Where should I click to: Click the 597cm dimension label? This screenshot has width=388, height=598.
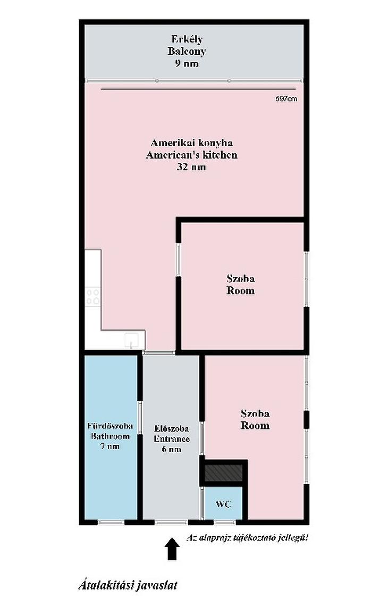(286, 99)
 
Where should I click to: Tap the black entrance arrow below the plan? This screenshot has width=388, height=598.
(172, 549)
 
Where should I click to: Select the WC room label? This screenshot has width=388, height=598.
(223, 504)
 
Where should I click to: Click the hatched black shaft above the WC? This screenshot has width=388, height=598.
(224, 473)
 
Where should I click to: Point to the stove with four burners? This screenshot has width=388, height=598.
(92, 297)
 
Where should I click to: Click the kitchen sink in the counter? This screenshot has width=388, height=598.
(131, 340)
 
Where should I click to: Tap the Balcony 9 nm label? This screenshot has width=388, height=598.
(187, 51)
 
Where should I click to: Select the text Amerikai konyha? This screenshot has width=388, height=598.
(192, 143)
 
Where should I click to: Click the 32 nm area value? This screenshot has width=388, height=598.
(191, 167)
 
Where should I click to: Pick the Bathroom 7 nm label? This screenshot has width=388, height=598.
(110, 436)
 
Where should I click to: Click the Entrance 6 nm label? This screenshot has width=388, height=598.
(172, 438)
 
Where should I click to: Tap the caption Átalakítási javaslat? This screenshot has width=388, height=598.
(128, 585)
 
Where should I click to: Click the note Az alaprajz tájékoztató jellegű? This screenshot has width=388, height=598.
(247, 538)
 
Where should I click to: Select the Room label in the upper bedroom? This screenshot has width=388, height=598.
(240, 290)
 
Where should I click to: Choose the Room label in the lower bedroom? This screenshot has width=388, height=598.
(255, 425)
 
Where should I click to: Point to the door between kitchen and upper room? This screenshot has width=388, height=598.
(178, 260)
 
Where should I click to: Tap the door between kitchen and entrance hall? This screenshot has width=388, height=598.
(159, 353)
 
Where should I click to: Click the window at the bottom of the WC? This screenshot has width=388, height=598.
(225, 522)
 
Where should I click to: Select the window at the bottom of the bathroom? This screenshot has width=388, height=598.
(111, 522)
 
